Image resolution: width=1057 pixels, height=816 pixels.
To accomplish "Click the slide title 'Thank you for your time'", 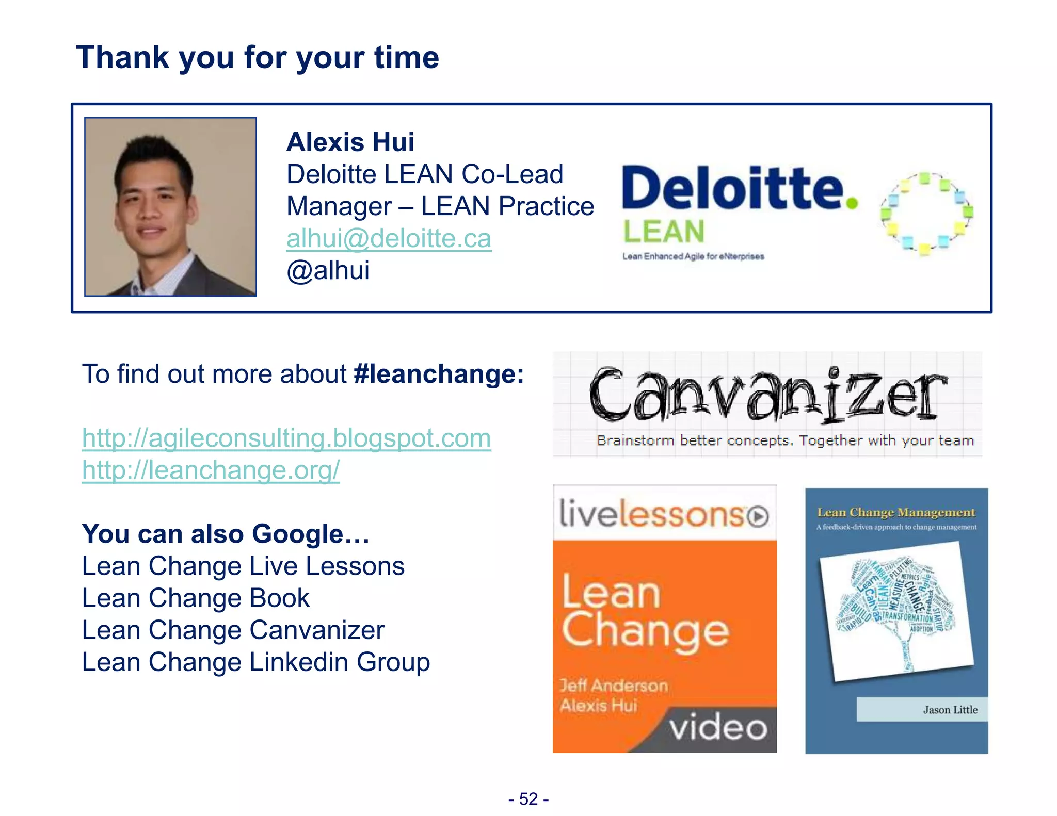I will tap(258, 57).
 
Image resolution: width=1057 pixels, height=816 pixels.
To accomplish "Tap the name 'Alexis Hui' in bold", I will tap(350, 142).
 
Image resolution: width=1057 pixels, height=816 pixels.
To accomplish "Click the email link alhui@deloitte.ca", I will tap(389, 239).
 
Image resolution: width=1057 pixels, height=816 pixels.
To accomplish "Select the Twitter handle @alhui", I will tap(328, 271).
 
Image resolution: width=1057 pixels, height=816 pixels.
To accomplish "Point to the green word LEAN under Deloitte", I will tap(664, 232).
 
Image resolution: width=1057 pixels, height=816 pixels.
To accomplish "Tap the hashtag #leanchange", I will tap(439, 374).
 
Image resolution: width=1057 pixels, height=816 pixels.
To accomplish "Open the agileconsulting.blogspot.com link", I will tap(286, 438).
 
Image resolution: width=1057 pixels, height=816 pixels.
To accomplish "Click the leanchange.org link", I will tap(211, 470).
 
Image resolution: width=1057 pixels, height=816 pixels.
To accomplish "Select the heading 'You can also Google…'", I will tap(226, 534).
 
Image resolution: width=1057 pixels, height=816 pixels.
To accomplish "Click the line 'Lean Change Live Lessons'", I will tap(243, 566).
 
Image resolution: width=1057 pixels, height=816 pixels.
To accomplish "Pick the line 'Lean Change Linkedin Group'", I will tap(256, 662).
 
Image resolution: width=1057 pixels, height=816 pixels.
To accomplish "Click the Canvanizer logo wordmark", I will tap(767, 395).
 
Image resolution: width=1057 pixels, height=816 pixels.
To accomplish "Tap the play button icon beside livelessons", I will tap(758, 516).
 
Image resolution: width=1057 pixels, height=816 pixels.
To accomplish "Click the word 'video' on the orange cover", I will tap(718, 728).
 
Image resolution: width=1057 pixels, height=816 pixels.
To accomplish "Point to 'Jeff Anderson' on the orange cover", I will tap(614, 686).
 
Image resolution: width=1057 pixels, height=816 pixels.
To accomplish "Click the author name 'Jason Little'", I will tap(950, 710).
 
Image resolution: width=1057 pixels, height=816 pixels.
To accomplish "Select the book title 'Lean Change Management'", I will tap(896, 513).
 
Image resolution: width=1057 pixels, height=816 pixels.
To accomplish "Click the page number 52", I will tap(528, 799).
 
